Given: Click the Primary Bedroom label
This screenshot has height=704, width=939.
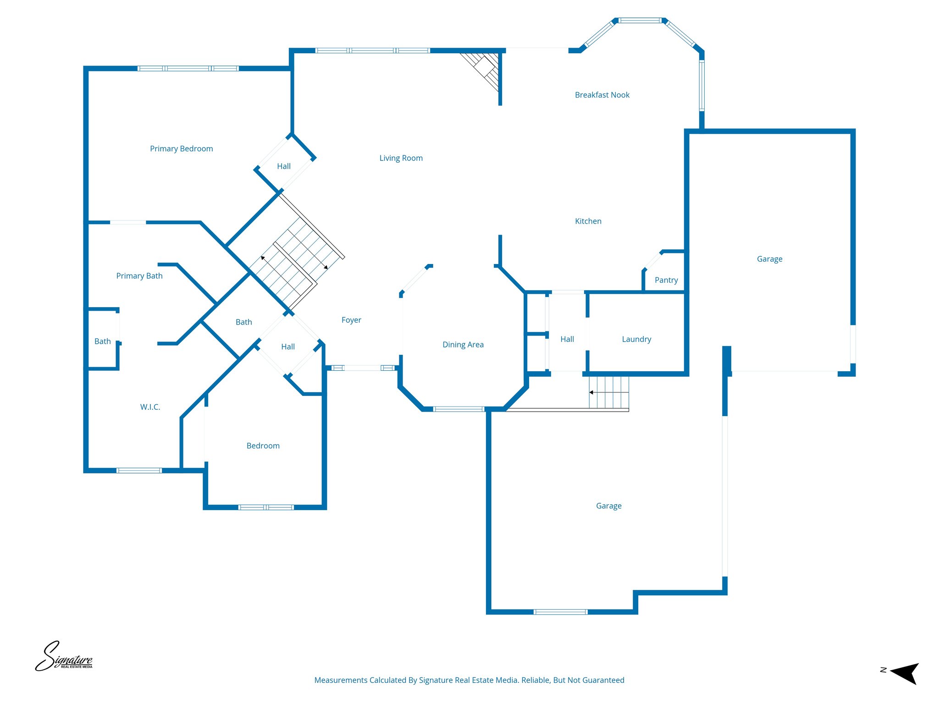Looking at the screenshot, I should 181,148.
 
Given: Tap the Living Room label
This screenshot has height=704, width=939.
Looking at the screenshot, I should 401,158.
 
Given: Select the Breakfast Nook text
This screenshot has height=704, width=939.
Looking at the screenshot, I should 602,95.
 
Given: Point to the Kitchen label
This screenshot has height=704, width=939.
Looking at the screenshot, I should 588,221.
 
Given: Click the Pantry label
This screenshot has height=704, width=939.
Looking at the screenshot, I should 666,280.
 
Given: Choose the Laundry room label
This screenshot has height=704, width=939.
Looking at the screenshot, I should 636,339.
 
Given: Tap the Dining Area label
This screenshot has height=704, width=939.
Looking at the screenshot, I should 463,345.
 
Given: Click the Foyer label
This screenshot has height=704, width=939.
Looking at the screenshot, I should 351,320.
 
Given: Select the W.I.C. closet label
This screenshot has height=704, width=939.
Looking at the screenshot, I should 150,407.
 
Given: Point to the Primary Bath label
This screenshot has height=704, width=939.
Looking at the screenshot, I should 139,276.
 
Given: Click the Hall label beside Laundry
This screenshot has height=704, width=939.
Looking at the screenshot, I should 567,339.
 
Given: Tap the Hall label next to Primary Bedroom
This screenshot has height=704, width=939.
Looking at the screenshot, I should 283,166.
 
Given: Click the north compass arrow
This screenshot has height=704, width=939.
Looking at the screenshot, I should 903,673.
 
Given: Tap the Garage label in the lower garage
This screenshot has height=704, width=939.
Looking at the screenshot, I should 608,506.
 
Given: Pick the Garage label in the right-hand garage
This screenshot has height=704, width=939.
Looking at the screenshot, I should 769,259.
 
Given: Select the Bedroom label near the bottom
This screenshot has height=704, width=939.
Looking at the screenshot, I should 263,446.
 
